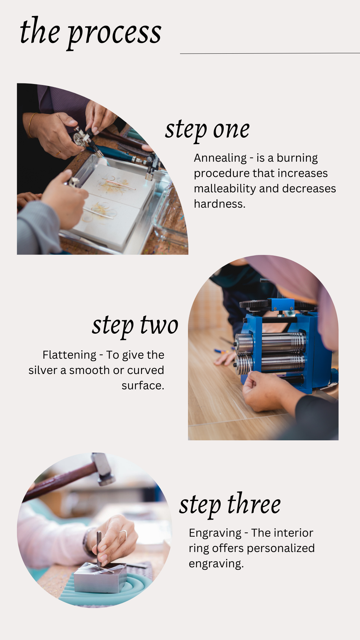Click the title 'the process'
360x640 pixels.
(91, 33)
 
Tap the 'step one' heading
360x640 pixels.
(207, 130)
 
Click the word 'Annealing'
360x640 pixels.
(220, 158)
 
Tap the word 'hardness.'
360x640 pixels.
(219, 204)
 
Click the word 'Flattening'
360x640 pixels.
(69, 355)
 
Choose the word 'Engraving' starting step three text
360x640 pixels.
(215, 533)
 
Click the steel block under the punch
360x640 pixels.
(100, 578)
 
